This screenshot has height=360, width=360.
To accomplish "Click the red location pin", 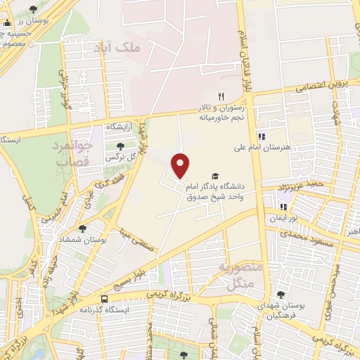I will (x=181, y=165).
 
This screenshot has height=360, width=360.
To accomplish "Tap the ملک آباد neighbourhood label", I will (x=117, y=47).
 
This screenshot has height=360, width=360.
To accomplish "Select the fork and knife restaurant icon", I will (x=221, y=96).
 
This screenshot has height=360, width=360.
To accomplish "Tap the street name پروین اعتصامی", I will (x=330, y=85).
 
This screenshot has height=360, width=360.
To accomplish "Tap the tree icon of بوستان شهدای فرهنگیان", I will (x=281, y=295).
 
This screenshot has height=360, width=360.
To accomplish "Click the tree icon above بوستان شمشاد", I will (x=83, y=229).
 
